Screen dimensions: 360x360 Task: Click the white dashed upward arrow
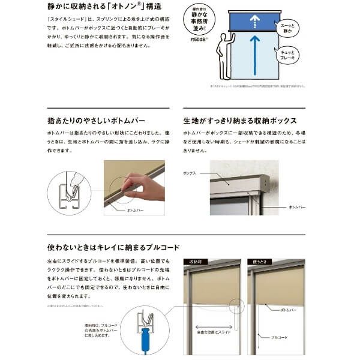point(255,22)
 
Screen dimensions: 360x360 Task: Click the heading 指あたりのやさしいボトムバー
point(96,120)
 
